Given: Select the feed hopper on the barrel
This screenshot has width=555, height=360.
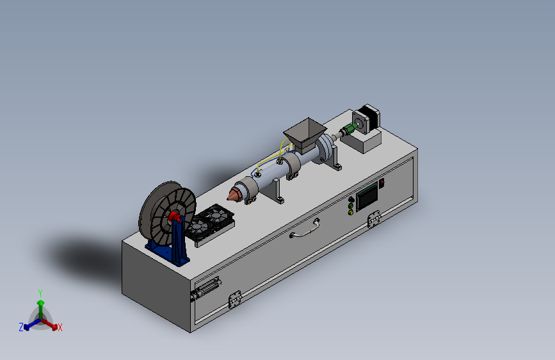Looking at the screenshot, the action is coord(305,135).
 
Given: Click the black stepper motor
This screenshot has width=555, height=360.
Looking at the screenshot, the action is coord(367,119).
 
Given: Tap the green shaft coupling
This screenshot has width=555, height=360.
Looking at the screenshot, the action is coord(350,128).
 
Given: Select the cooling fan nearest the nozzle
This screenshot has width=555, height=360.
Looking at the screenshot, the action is coord(218,215).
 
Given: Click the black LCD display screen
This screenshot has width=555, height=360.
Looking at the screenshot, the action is coord(367,197).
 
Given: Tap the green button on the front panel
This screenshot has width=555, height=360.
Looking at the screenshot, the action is coord(351,206).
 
